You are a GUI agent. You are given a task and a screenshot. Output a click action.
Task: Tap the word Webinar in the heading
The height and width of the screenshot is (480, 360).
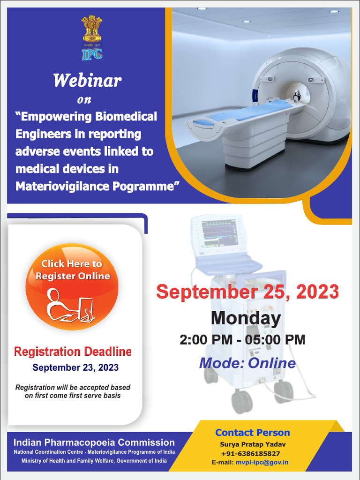click(x=87, y=81)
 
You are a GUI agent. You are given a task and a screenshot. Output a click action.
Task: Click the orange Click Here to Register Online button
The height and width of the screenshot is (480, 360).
click(x=72, y=286)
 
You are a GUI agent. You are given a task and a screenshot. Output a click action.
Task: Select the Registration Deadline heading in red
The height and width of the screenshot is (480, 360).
click(x=73, y=352)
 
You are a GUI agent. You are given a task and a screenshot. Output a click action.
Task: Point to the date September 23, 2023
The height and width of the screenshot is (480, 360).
click(x=75, y=367)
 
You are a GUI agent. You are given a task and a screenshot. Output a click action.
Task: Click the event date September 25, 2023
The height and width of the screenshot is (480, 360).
click(x=247, y=292)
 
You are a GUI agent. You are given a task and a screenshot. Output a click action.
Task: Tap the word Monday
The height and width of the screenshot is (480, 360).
click(x=246, y=318)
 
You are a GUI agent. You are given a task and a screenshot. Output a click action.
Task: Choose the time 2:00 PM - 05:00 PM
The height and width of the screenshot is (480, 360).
click(x=242, y=340)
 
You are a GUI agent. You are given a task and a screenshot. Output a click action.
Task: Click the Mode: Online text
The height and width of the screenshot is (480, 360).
click(x=247, y=363)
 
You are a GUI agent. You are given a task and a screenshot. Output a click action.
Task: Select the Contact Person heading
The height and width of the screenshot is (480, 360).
click(x=253, y=433)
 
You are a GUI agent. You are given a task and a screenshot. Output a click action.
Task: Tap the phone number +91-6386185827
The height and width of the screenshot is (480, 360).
click(x=250, y=453)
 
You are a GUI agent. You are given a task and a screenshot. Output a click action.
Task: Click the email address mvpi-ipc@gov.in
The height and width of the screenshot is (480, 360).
click(x=262, y=462)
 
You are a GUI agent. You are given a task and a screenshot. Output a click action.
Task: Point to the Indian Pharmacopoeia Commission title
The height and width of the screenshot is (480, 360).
click(x=94, y=442)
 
